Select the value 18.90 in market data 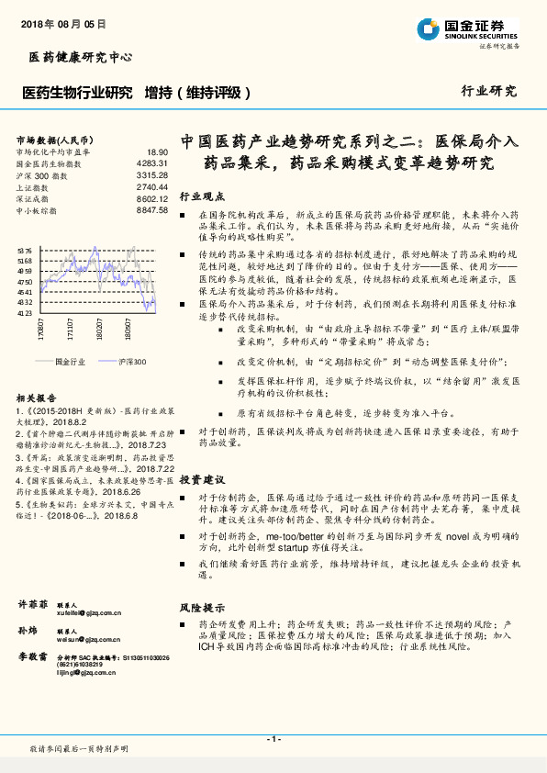(x=158, y=151)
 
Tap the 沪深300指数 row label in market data (x=36, y=174)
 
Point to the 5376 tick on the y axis (x=24, y=250)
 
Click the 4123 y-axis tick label (x=24, y=313)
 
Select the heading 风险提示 (x=201, y=608)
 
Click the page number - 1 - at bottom (x=273, y=739)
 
